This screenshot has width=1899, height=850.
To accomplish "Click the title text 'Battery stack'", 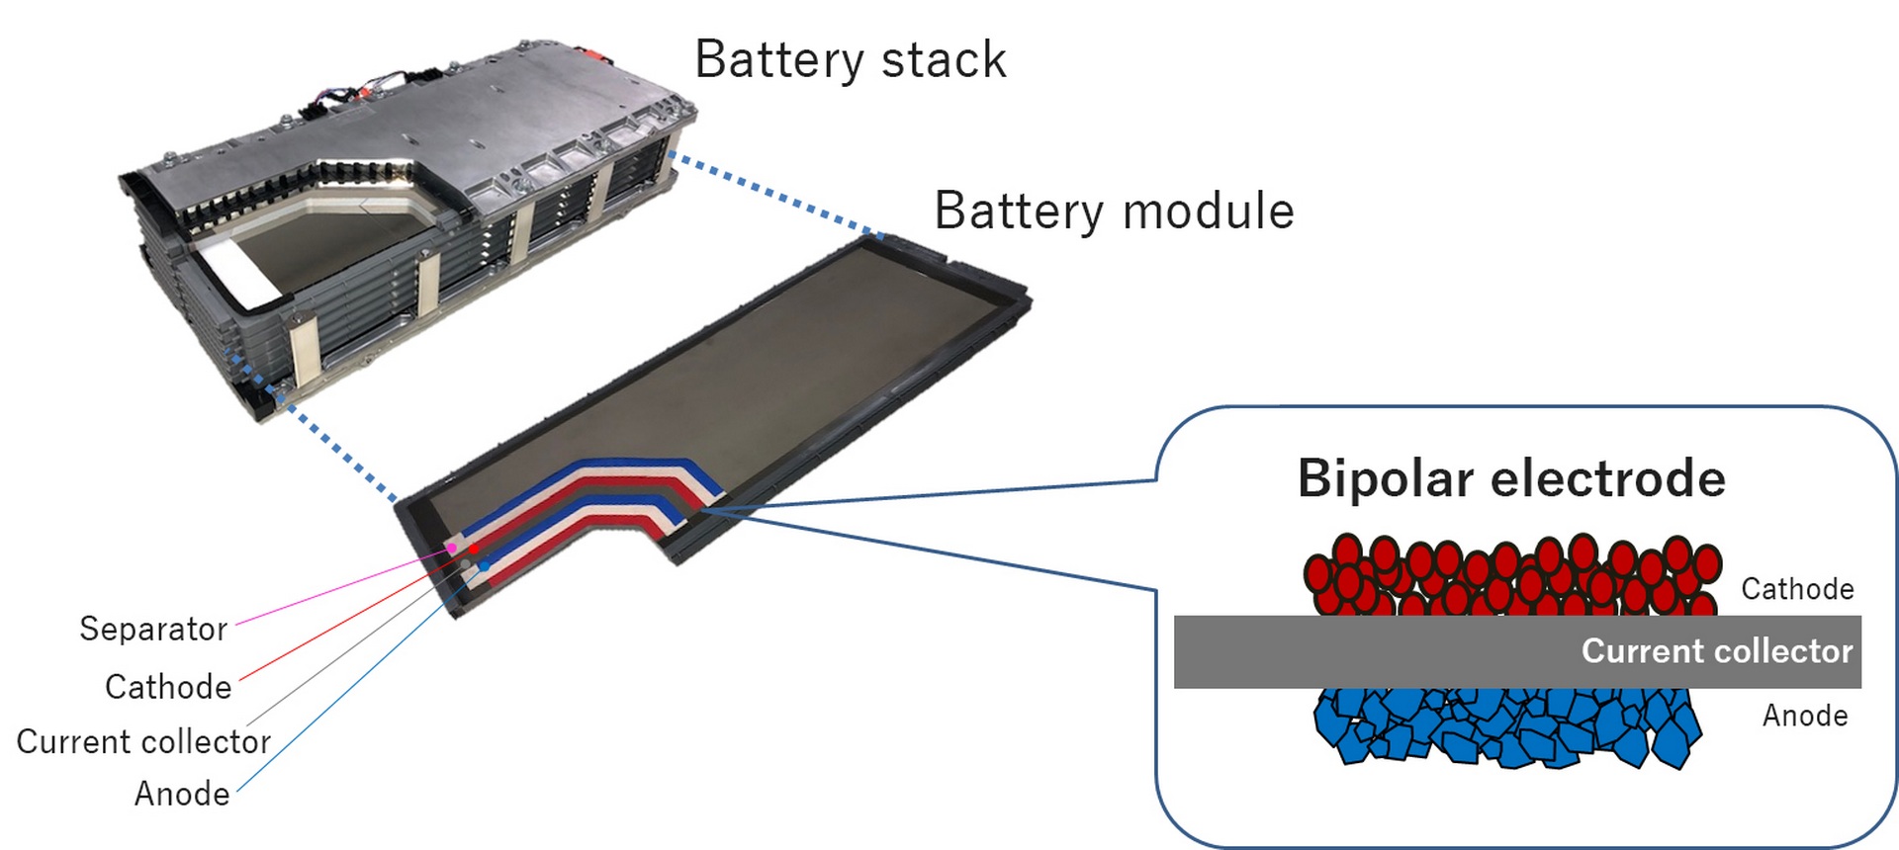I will tap(850, 59).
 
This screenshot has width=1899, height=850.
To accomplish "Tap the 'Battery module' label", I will tap(1114, 211).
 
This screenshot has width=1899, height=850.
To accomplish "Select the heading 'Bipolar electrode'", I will tap(1510, 478).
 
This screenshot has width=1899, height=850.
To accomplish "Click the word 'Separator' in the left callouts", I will tap(153, 629).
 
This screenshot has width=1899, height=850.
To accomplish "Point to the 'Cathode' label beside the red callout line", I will tap(168, 687).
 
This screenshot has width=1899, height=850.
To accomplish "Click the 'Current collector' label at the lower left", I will tap(143, 741).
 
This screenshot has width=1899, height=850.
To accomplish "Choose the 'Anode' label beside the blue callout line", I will tap(182, 794).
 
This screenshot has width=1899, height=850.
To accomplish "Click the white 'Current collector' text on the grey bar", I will tap(1716, 650).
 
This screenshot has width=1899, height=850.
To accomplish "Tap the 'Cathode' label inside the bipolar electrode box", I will tap(1797, 589).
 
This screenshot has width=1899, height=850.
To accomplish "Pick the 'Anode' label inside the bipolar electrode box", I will tap(1804, 715).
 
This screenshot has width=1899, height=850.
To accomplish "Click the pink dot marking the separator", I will tap(452, 548).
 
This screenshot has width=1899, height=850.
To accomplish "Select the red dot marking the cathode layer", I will tap(474, 549).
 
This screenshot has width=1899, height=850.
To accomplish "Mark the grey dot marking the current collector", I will tap(465, 564).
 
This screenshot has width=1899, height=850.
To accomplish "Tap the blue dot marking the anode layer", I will tap(485, 565).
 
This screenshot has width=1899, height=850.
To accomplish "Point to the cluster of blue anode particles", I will tap(1503, 726).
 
